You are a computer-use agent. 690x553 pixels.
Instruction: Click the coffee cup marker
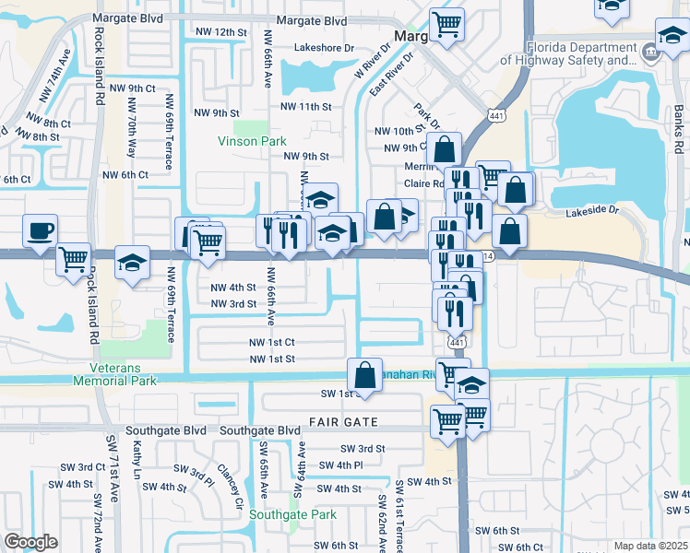[40, 231]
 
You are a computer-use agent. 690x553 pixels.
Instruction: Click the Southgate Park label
[299, 515]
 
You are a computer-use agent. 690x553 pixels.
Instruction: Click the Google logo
[30, 542]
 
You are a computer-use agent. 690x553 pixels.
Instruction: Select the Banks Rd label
[678, 133]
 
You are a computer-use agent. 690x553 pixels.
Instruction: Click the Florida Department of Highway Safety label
[580, 53]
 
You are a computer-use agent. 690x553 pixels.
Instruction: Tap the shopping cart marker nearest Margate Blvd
[447, 23]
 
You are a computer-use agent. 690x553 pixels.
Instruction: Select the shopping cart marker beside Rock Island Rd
[73, 258]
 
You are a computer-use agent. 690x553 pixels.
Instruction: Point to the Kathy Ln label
[137, 459]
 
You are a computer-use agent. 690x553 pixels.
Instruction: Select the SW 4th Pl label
[343, 465]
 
